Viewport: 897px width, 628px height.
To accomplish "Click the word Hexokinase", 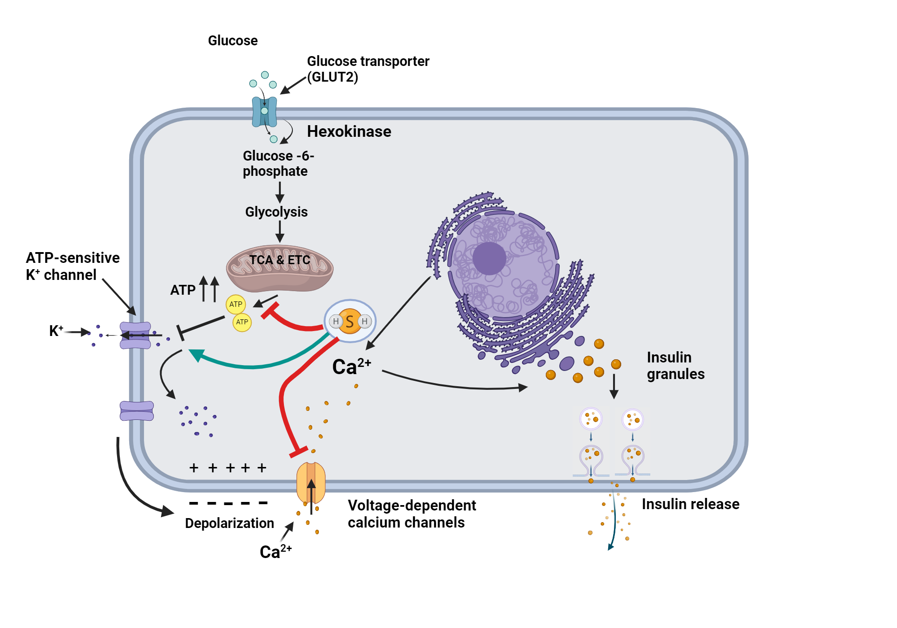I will pyautogui.click(x=349, y=131).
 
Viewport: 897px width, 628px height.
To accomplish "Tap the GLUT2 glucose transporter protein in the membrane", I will pyautogui.click(x=264, y=112).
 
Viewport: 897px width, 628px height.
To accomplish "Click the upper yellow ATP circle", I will pyautogui.click(x=235, y=304).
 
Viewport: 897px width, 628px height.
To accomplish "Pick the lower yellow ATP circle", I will pyautogui.click(x=242, y=322).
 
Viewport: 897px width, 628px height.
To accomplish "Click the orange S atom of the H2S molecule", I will pyautogui.click(x=350, y=321).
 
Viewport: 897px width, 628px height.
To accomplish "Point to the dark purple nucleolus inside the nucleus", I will pyautogui.click(x=489, y=258).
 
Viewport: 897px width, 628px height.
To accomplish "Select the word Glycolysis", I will pyautogui.click(x=276, y=212).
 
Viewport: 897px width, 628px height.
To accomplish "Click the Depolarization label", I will pyautogui.click(x=229, y=523).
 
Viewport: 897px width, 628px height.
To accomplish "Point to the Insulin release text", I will pyautogui.click(x=690, y=504).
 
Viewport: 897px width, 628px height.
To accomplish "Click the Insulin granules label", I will pyautogui.click(x=675, y=366).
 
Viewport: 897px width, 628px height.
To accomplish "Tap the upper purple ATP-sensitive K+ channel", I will pyautogui.click(x=135, y=335).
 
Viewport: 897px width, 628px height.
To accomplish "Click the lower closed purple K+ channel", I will pyautogui.click(x=137, y=411).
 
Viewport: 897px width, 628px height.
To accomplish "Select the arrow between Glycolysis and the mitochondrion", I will pyautogui.click(x=280, y=231).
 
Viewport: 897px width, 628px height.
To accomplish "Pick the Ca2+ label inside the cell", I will pyautogui.click(x=351, y=366).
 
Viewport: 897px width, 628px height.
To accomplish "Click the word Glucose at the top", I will pyautogui.click(x=233, y=41).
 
